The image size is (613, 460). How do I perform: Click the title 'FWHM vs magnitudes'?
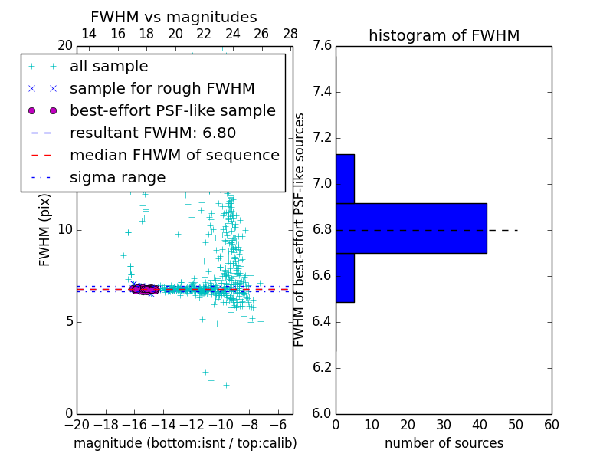click(174, 17)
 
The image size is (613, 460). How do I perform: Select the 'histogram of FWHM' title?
click(444, 35)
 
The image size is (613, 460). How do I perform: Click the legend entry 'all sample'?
click(109, 67)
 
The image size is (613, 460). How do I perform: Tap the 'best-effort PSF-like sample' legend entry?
click(172, 111)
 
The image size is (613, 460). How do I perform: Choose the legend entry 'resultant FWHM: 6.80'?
click(152, 133)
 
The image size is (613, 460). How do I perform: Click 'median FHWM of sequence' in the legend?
click(174, 156)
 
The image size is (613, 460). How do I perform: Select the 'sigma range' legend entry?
click(117, 178)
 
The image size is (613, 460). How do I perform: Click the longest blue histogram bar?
click(411, 228)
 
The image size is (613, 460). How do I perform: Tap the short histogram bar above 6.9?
click(345, 179)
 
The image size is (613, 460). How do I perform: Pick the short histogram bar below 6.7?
click(345, 278)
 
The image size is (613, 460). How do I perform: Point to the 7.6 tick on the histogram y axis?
click(322, 46)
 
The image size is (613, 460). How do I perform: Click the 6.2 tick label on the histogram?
click(322, 368)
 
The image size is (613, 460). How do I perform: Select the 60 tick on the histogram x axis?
click(551, 424)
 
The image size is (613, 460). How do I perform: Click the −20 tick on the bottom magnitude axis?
click(77, 424)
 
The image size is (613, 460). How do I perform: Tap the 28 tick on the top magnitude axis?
click(290, 34)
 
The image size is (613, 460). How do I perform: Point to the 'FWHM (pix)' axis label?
click(45, 230)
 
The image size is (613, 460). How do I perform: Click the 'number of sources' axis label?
click(444, 443)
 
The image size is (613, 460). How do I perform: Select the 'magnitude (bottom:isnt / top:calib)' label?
click(185, 443)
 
